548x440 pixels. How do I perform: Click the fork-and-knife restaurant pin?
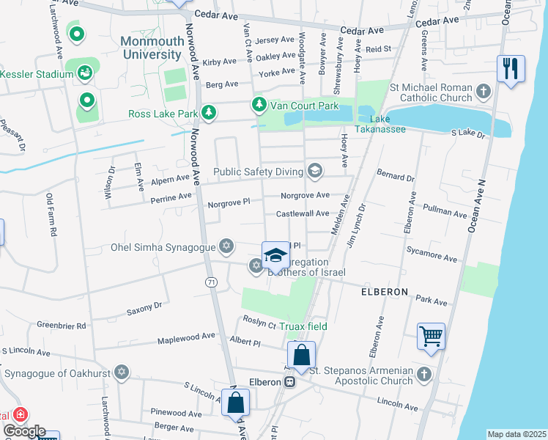pos(511,69)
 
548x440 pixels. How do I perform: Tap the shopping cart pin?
pos(431,337)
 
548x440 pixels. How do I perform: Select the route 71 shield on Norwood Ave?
pos(211,282)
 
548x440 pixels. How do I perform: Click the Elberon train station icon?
pos(291,382)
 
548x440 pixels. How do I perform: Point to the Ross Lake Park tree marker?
pos(210,112)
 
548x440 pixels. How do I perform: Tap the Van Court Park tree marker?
pos(259,106)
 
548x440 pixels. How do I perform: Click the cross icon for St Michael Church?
pos(483,92)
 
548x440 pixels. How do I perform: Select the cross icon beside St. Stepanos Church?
pos(423,375)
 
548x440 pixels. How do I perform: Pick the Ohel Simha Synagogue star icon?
pos(227,246)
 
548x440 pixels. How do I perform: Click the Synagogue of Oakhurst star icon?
pos(122,373)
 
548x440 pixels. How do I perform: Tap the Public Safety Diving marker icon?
pos(315,172)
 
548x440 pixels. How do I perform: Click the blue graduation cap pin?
pos(275,256)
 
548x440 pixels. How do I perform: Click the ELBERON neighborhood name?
pos(384,291)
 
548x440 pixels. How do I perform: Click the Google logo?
pos(23,430)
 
